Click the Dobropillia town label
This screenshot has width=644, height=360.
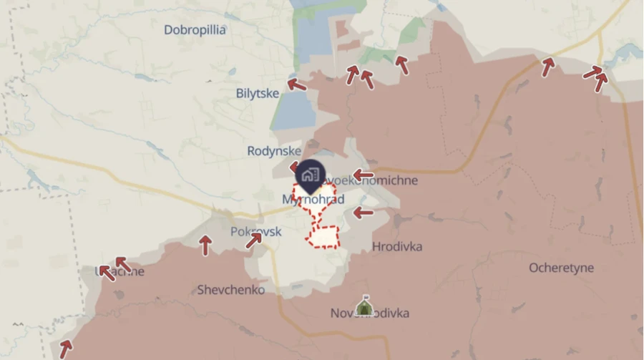point(195,30)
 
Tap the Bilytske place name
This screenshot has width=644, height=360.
point(257,93)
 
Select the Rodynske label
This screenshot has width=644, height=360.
point(274,151)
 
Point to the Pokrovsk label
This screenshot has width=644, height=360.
point(255,232)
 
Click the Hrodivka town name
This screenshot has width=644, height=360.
point(397,247)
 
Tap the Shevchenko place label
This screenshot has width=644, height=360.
point(230,290)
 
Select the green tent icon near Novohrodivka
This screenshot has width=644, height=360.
point(364,307)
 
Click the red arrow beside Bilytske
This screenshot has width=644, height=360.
point(296,85)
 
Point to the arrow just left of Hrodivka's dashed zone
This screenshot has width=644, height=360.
point(363,213)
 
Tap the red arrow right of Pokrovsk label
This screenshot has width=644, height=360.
point(254,240)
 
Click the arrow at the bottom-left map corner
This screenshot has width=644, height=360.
point(65,349)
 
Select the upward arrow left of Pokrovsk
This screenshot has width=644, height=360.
point(205,245)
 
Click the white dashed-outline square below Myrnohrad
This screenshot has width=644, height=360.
point(323,236)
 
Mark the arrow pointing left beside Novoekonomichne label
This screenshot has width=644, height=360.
point(363,175)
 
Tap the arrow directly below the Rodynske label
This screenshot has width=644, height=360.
point(294,168)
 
